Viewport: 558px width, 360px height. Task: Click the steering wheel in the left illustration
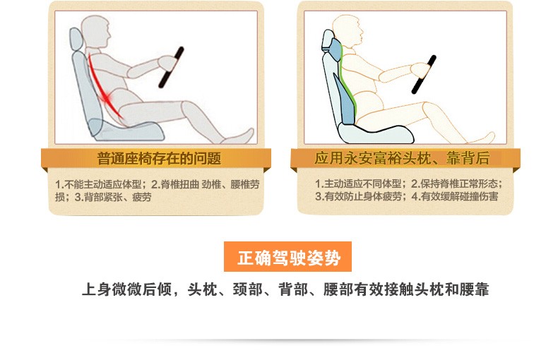(x=171, y=67)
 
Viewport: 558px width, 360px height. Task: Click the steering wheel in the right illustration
(x=424, y=75)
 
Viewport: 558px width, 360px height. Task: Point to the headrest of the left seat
(x=76, y=39)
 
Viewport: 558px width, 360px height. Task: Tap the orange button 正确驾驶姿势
(x=287, y=256)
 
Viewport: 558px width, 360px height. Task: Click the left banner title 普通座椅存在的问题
(x=159, y=158)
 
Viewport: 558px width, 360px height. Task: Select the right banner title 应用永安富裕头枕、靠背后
(x=402, y=158)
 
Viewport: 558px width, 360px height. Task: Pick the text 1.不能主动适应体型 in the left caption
(x=99, y=184)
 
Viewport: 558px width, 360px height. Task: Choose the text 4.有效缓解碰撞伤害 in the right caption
(x=455, y=196)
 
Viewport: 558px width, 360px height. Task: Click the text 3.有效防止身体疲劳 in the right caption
(x=358, y=196)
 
